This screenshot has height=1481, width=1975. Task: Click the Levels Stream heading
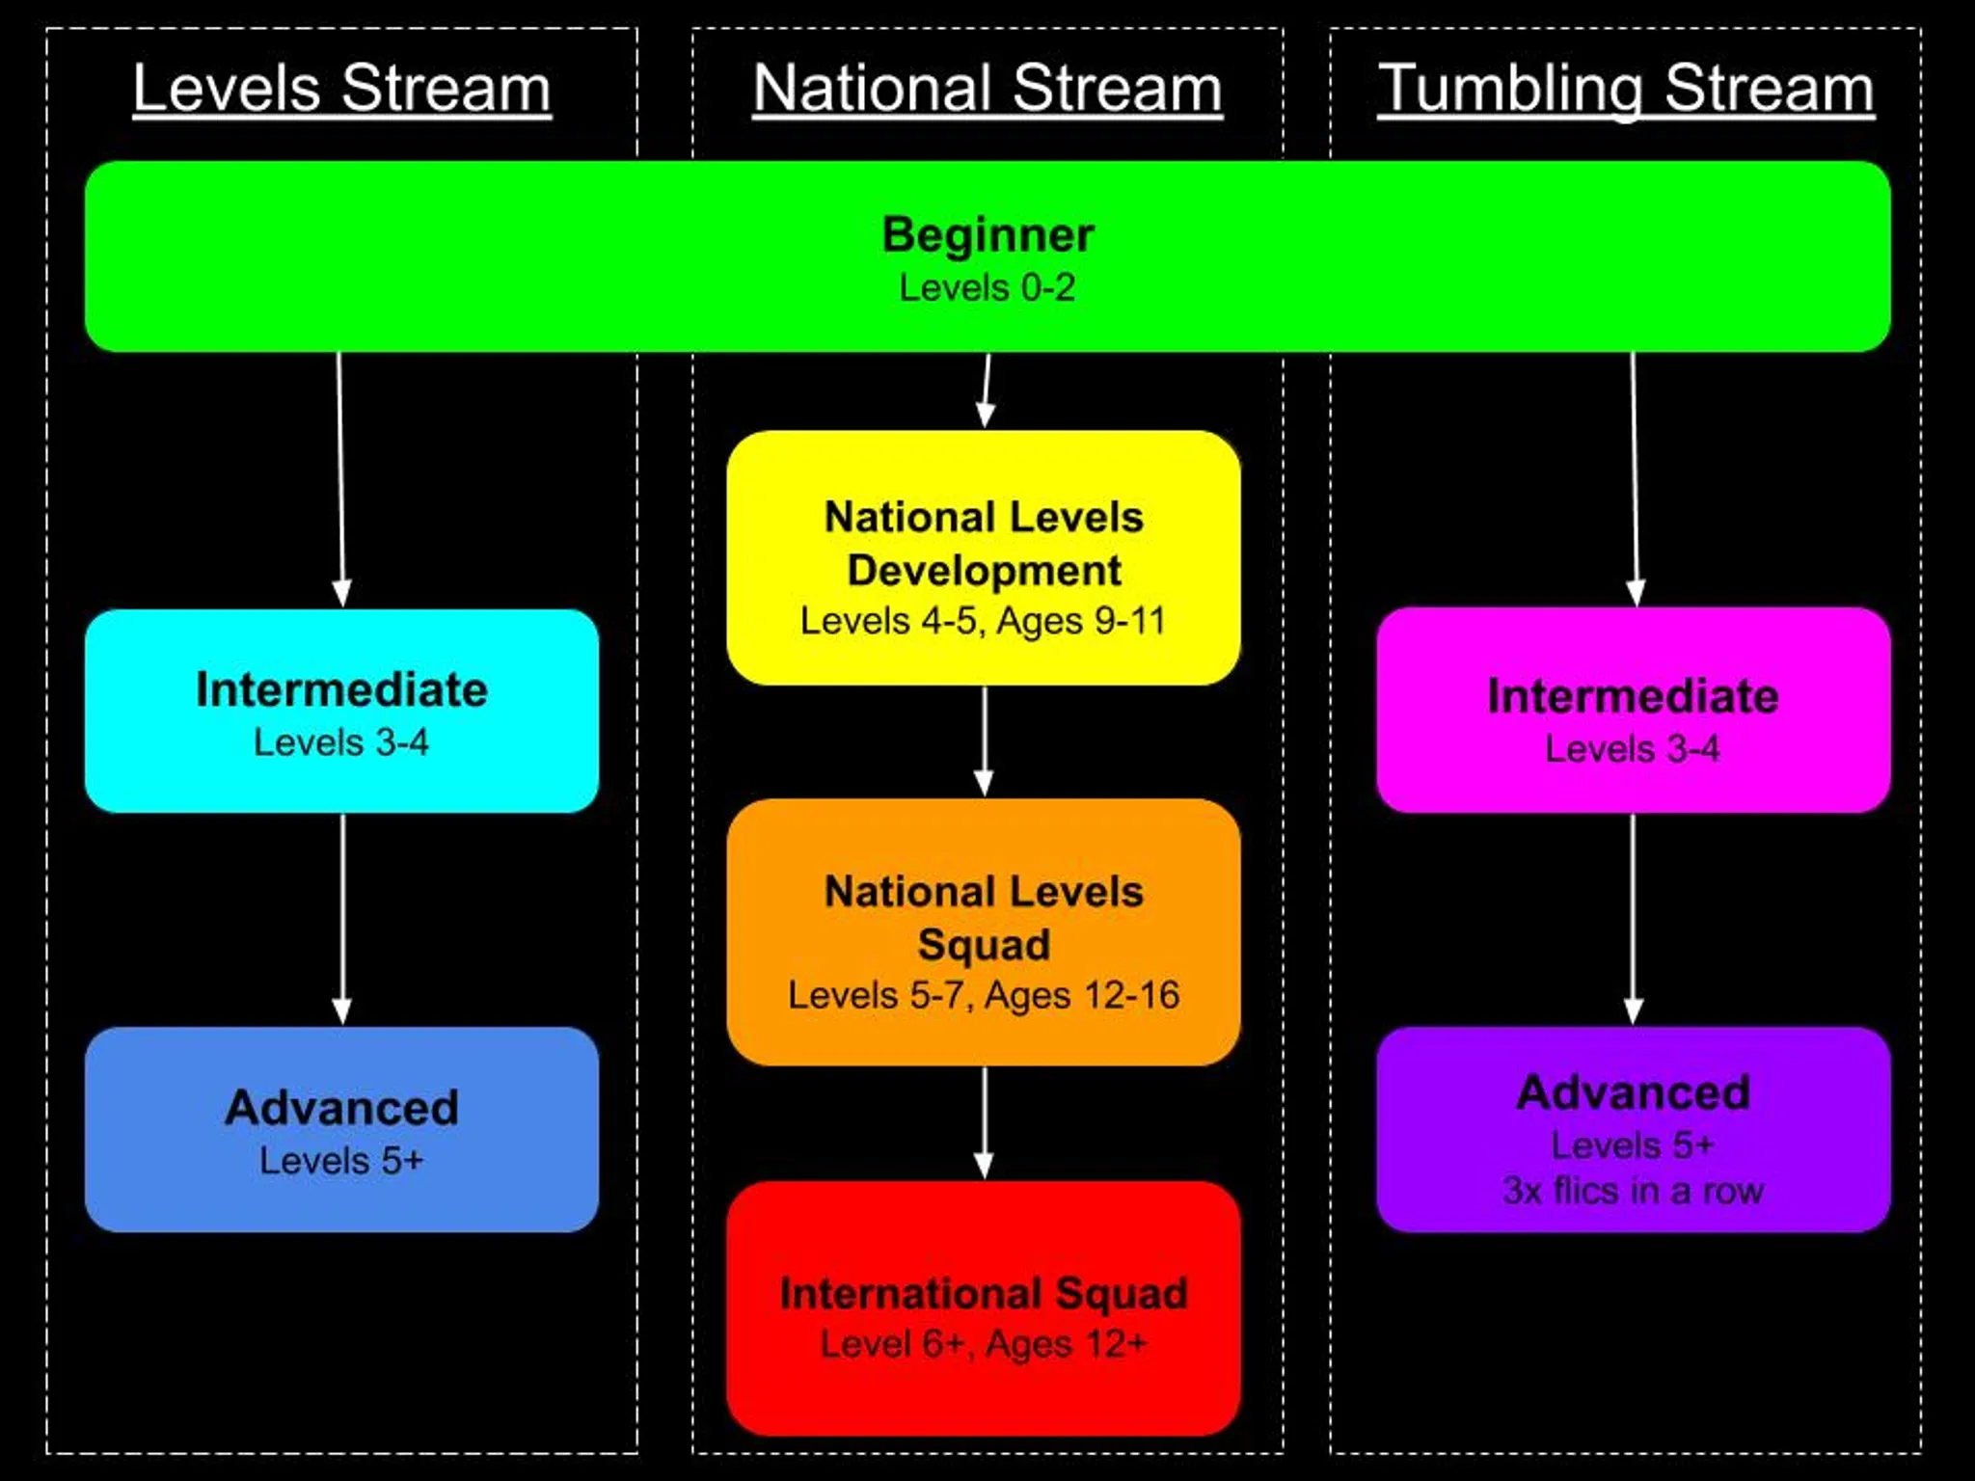click(x=341, y=89)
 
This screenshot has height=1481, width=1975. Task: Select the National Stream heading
click(x=987, y=89)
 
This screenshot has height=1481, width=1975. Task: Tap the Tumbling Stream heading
click(x=1625, y=89)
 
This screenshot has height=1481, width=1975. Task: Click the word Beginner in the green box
click(x=987, y=234)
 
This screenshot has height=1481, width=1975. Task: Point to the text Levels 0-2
click(x=987, y=287)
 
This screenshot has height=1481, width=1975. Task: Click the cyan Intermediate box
click(x=341, y=711)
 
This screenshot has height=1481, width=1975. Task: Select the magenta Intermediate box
click(x=1633, y=711)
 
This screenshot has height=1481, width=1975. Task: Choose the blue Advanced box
click(x=341, y=1129)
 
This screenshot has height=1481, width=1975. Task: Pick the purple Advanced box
click(x=1633, y=1129)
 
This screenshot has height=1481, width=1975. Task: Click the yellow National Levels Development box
click(x=984, y=558)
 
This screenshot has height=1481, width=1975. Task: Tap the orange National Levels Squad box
click(x=984, y=932)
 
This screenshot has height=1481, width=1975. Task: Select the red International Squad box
click(x=984, y=1308)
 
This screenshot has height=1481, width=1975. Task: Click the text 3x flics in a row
click(x=1633, y=1191)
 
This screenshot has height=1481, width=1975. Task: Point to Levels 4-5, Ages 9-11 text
click(x=983, y=621)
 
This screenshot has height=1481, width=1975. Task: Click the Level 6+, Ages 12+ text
click(x=984, y=1344)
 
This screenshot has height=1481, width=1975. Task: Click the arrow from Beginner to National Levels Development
click(x=987, y=390)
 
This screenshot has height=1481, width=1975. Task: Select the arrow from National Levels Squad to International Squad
click(x=984, y=1123)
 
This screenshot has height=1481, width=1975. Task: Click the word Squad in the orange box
click(x=984, y=944)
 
